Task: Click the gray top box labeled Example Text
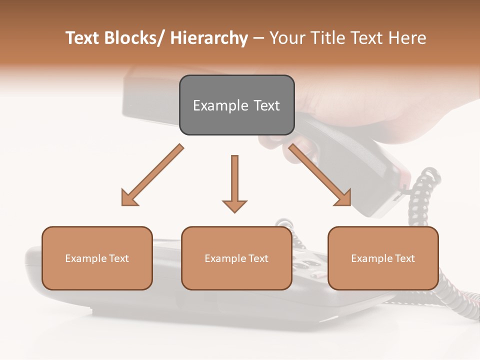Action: coord(236,105)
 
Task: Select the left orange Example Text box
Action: coord(97,258)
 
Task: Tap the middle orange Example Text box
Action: coord(236,258)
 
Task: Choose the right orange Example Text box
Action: coord(383,258)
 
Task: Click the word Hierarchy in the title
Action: coord(209,38)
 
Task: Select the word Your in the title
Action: coord(287,38)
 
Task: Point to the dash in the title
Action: coord(258,38)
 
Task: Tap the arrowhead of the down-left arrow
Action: coord(129,197)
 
